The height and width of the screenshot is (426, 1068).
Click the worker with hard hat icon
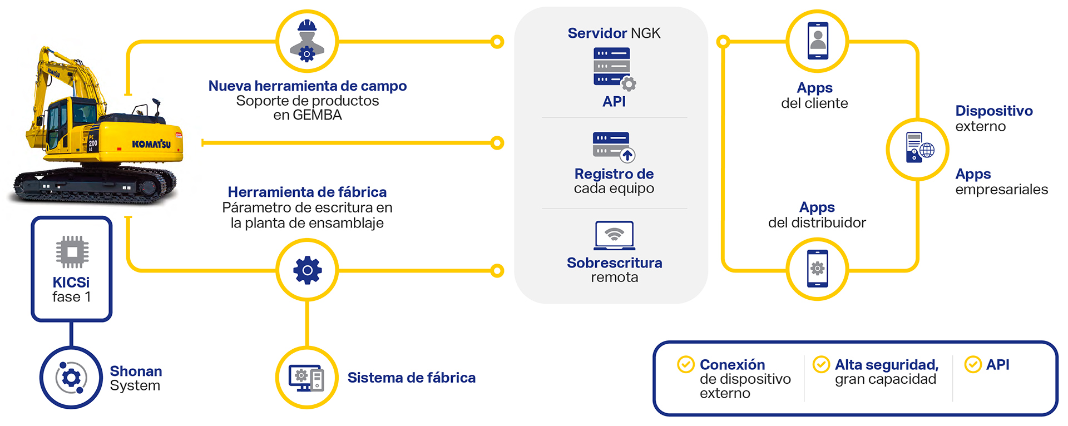(307, 41)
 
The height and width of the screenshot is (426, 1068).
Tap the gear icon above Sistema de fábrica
(307, 270)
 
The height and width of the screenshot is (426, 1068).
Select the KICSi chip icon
(72, 252)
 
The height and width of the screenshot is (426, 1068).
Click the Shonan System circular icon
(71, 378)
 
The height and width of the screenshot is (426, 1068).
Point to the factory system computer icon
(306, 378)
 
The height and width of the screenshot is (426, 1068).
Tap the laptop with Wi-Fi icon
(614, 236)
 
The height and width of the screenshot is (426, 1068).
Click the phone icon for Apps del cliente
(817, 41)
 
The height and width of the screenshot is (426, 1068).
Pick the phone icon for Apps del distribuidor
(817, 269)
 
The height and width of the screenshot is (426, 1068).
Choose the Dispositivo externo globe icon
(918, 148)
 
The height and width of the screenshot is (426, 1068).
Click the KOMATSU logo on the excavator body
(151, 144)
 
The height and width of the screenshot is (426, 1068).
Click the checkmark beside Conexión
(685, 365)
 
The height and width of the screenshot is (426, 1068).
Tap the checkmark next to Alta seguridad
(821, 365)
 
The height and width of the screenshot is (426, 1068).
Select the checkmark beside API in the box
(972, 365)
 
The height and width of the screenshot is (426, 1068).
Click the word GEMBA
(317, 115)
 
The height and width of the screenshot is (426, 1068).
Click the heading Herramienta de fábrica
(307, 192)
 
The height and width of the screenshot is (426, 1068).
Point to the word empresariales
(1001, 190)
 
